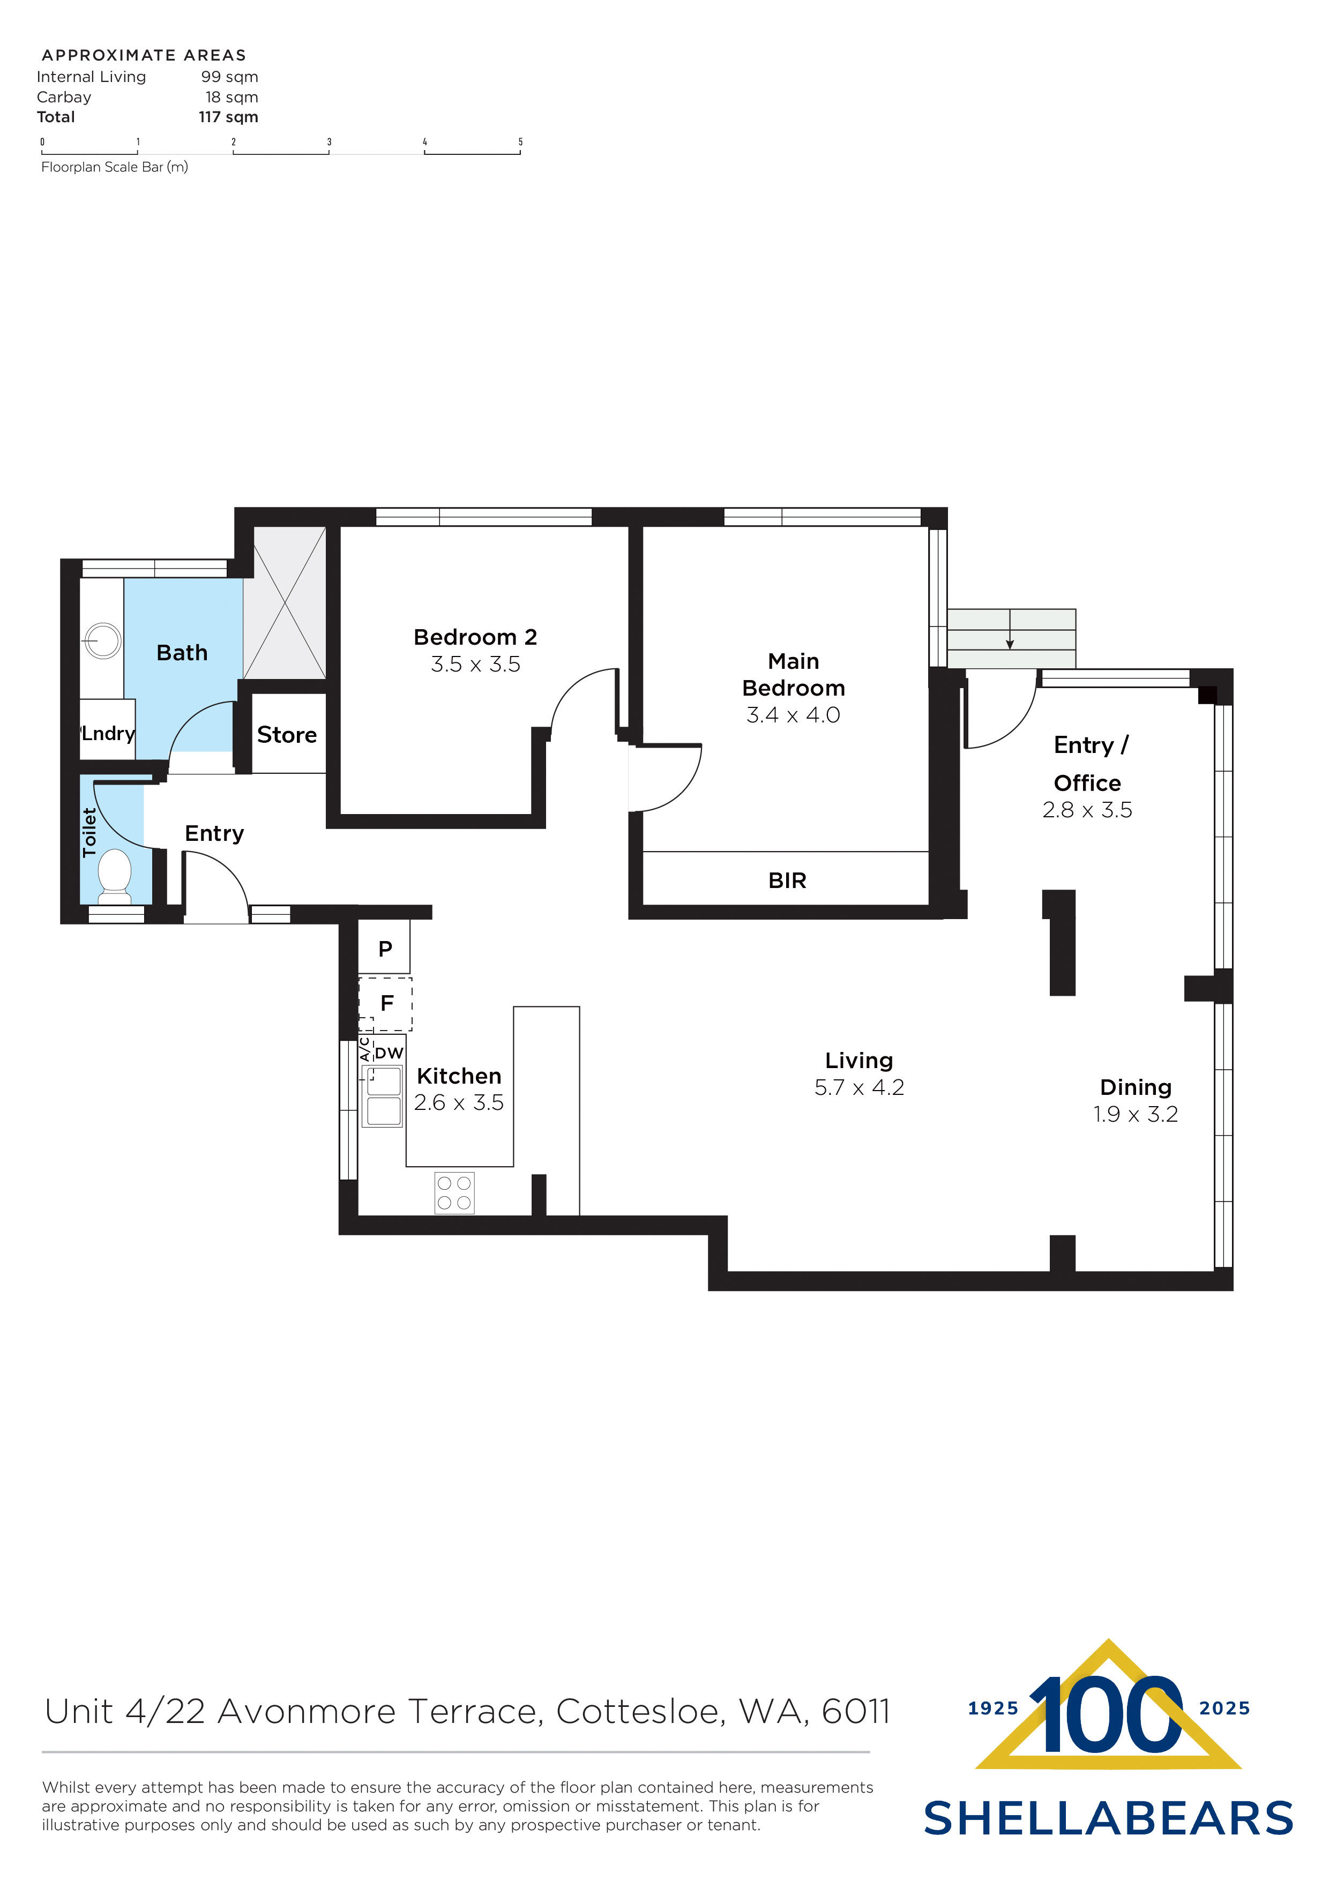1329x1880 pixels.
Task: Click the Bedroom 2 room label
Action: click(475, 637)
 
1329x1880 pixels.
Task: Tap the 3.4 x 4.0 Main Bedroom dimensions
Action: click(793, 715)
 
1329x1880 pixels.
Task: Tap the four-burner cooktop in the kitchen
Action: click(454, 1193)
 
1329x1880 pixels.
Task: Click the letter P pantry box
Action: click(385, 948)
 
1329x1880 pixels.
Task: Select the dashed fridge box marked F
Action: click(386, 1003)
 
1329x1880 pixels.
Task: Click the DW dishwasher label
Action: click(389, 1053)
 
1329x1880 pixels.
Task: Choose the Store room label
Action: click(287, 735)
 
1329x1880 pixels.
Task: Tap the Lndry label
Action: click(108, 733)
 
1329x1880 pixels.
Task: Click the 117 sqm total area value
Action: click(228, 117)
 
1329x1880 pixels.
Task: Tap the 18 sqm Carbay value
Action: click(232, 96)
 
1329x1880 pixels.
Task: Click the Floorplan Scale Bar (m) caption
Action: click(115, 167)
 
